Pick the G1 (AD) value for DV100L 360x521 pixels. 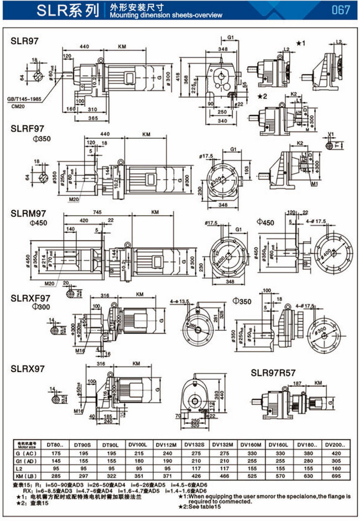pos(143,460)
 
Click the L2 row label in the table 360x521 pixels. pos(34,468)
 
